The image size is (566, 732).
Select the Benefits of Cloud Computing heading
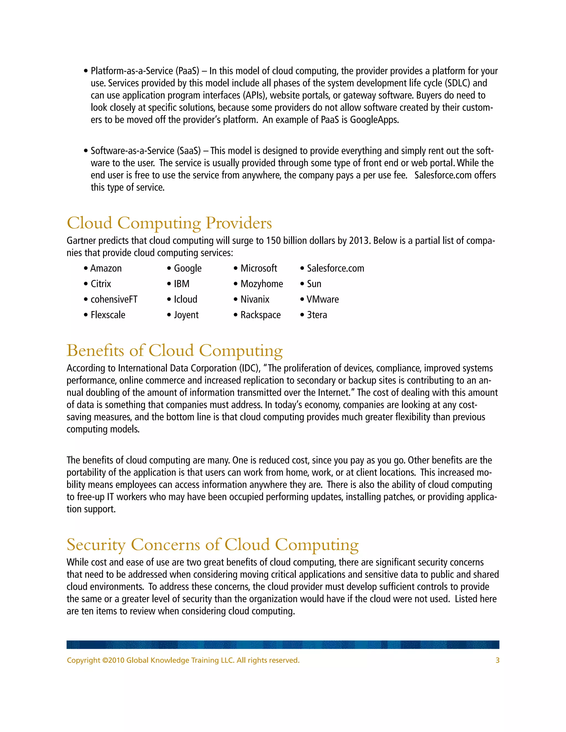click(x=174, y=351)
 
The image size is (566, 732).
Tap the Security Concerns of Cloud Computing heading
click(x=212, y=545)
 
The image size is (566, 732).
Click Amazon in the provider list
click(x=106, y=268)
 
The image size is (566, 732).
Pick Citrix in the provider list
click(x=101, y=284)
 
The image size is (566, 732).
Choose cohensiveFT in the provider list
click(x=114, y=299)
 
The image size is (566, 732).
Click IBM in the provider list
click(x=181, y=284)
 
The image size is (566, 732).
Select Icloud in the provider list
click(x=185, y=299)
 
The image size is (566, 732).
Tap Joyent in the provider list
click(x=186, y=315)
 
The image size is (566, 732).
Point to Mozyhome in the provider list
click(x=261, y=284)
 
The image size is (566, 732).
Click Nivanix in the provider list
click(x=255, y=299)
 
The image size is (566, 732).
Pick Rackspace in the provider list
click(x=261, y=315)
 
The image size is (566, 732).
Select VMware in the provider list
click(x=323, y=299)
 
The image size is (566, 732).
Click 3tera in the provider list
click(x=317, y=315)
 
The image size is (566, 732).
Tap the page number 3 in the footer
click(x=497, y=660)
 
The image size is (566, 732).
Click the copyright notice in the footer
click(x=183, y=660)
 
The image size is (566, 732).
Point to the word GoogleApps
click(x=374, y=120)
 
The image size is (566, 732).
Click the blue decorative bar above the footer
click(x=283, y=644)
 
